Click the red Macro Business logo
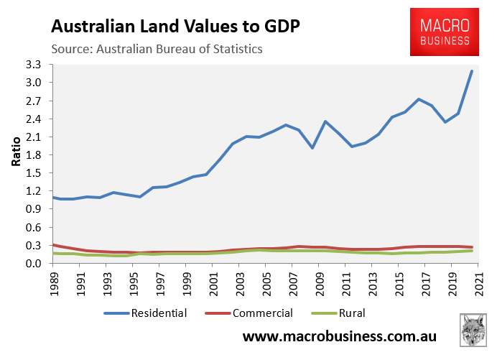click(x=444, y=32)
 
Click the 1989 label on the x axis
click(x=53, y=282)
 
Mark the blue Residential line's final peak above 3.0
click(x=471, y=71)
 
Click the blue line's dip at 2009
click(x=312, y=148)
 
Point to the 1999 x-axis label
click(x=185, y=282)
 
